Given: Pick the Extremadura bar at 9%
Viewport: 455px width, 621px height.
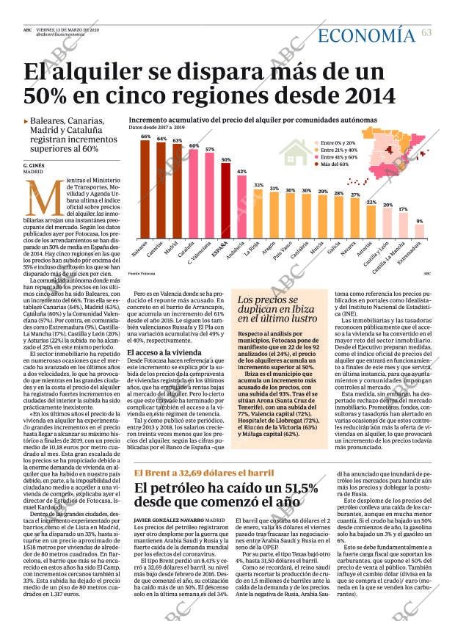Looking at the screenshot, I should (419, 231).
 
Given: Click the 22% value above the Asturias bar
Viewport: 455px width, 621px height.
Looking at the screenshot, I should (371, 202).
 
